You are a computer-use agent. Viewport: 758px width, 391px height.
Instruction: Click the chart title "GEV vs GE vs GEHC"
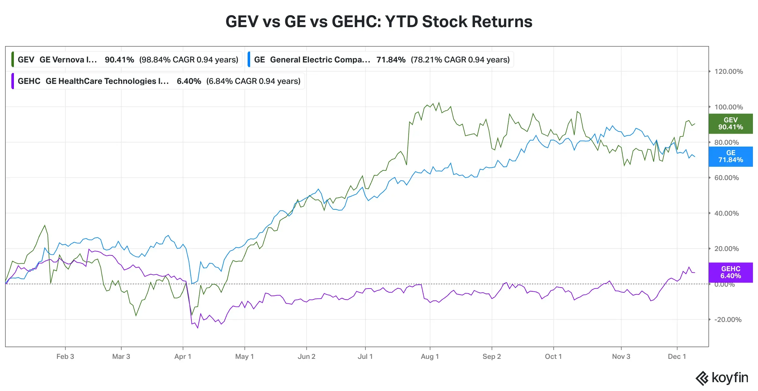[379, 22]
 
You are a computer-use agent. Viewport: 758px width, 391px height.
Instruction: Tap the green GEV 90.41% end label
[730, 124]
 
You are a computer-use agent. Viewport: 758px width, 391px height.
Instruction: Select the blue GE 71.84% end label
[730, 156]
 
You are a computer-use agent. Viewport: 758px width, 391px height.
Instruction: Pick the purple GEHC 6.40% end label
[730, 272]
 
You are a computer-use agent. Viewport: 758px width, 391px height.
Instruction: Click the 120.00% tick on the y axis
[728, 72]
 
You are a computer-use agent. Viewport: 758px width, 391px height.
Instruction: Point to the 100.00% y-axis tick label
[728, 107]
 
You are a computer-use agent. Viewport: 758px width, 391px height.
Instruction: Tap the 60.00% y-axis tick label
[726, 178]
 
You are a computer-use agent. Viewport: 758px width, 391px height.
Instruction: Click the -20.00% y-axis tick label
[728, 320]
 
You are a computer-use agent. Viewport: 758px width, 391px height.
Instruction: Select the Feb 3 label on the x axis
[65, 357]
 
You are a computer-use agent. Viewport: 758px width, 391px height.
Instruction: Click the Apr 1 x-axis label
[183, 357]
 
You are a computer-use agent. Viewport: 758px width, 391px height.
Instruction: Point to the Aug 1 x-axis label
[430, 357]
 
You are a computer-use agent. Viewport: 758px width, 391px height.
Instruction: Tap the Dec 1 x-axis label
[677, 357]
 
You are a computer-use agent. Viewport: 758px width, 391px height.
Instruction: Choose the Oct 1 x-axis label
[553, 357]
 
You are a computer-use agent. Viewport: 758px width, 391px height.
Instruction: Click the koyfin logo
[722, 378]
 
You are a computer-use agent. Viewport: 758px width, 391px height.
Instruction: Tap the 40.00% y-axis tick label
[726, 213]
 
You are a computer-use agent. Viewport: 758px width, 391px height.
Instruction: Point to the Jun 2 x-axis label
[306, 357]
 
